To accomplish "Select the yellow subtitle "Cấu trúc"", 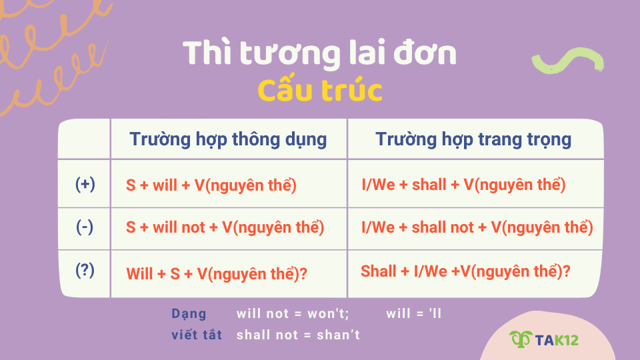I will [x=319, y=91].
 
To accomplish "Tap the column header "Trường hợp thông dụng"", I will [x=228, y=139].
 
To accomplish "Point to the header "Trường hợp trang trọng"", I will [x=473, y=139].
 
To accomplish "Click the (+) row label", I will [x=85, y=184].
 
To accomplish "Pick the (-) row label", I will [x=85, y=227].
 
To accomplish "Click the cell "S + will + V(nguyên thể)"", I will [x=211, y=185].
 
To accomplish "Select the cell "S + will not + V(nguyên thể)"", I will [x=225, y=227].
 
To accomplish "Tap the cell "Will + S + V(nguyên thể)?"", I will [x=217, y=273].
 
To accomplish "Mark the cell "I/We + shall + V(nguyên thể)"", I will [x=463, y=185].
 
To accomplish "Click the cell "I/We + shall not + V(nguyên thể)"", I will [x=477, y=227].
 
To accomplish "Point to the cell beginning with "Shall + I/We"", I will [x=465, y=271].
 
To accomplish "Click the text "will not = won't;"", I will [x=293, y=313].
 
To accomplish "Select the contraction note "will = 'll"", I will [x=414, y=313].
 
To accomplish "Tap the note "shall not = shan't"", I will [x=298, y=335].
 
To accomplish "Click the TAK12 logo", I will [x=544, y=340].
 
